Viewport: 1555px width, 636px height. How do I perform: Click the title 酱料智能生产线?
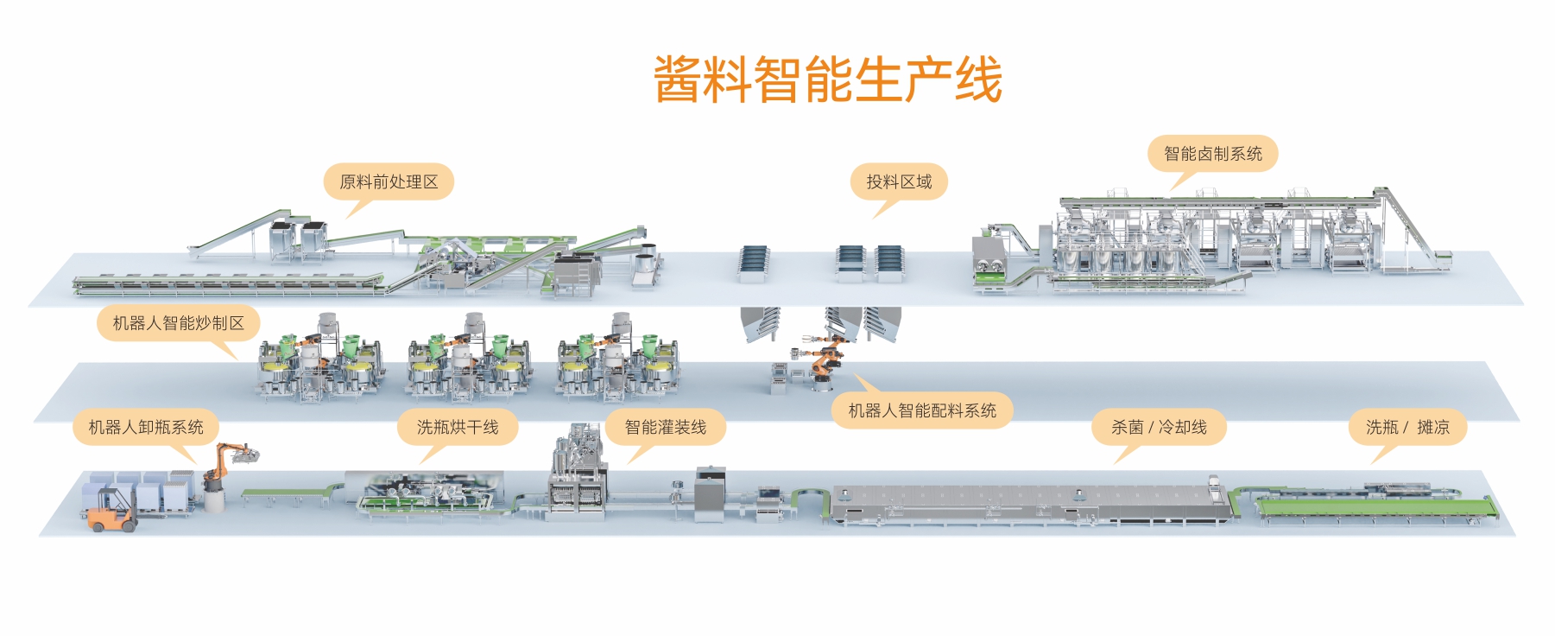click(x=827, y=79)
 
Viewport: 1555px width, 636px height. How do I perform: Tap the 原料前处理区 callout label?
click(x=389, y=181)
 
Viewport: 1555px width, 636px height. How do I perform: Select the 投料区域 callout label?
click(x=899, y=181)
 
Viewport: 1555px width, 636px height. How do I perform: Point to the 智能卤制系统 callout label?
click(x=1212, y=154)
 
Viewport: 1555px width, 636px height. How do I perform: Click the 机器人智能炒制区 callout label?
click(x=178, y=323)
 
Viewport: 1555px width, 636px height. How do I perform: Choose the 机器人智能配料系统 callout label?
click(x=922, y=410)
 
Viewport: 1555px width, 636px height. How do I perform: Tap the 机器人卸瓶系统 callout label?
click(x=146, y=427)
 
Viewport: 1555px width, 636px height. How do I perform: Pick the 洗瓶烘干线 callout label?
click(x=458, y=427)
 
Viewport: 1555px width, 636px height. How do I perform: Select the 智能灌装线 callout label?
click(x=665, y=427)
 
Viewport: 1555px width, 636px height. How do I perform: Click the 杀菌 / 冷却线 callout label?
click(x=1159, y=427)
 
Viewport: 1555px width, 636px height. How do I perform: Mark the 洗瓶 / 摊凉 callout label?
click(x=1407, y=427)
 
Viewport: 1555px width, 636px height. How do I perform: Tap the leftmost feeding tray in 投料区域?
click(x=753, y=261)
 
